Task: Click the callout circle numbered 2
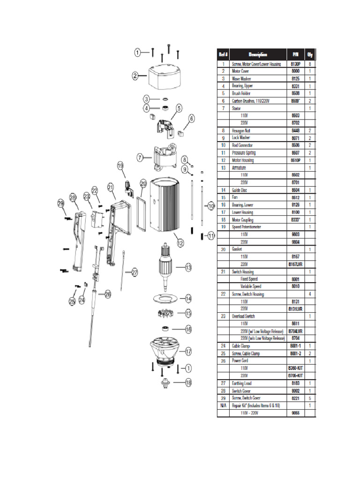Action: pyautogui.click(x=135, y=75)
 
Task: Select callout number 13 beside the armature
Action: pyautogui.click(x=188, y=268)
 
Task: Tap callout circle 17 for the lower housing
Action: pyautogui.click(x=188, y=351)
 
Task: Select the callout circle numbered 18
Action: pyautogui.click(x=188, y=383)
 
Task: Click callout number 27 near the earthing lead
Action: pyautogui.click(x=135, y=272)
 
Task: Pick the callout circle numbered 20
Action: pyautogui.click(x=143, y=183)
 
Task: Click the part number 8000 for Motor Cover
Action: pyautogui.click(x=295, y=71)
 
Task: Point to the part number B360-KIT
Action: pyautogui.click(x=295, y=368)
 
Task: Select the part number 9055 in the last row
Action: pyautogui.click(x=295, y=412)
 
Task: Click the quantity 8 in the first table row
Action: pyautogui.click(x=310, y=63)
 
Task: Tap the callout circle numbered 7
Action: pyautogui.click(x=140, y=158)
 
